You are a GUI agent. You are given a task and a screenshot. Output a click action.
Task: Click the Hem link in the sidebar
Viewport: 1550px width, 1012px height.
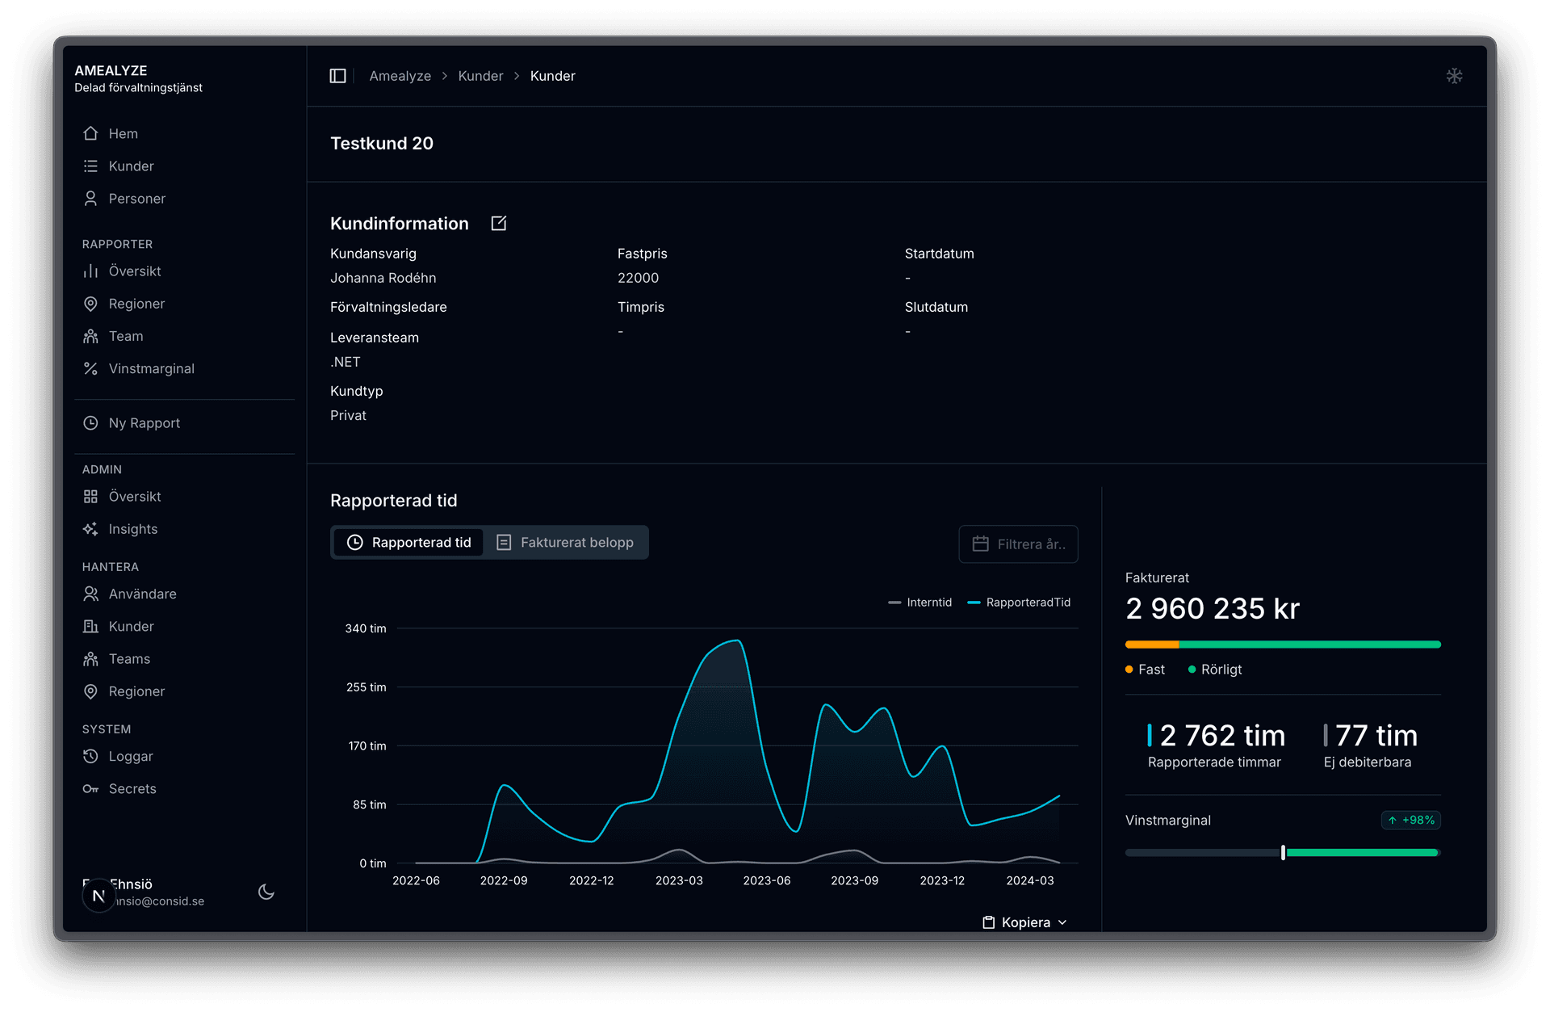coord(122,133)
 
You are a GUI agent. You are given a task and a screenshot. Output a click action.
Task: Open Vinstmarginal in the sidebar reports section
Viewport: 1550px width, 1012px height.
coord(150,368)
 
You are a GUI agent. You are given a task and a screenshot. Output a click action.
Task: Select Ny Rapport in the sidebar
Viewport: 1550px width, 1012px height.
coord(143,423)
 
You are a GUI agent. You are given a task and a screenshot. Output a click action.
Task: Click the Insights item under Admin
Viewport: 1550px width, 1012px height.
coord(132,529)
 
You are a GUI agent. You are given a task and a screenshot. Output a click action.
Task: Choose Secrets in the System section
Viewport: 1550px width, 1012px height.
coord(132,788)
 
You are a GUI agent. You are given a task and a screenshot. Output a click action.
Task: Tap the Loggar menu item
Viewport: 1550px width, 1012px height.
coord(130,756)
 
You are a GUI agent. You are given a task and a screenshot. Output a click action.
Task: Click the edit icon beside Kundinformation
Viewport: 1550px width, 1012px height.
coord(499,224)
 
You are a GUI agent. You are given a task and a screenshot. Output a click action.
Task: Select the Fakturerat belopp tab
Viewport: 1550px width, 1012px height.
coord(567,543)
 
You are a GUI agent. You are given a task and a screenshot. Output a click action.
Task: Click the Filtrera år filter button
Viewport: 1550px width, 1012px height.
coord(1018,544)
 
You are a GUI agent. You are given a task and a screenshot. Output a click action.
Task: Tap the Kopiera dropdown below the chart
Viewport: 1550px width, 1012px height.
coord(1024,922)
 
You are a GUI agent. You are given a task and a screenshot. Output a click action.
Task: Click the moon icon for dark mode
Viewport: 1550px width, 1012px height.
coord(266,892)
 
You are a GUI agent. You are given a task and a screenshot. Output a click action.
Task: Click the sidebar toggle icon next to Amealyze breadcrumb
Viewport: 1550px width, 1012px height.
coord(338,76)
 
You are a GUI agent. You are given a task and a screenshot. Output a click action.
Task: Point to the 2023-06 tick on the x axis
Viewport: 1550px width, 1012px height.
coord(766,880)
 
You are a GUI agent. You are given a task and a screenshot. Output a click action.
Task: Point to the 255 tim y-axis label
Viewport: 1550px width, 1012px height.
coord(366,687)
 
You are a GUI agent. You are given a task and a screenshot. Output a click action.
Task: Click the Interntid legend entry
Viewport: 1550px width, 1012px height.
coord(920,603)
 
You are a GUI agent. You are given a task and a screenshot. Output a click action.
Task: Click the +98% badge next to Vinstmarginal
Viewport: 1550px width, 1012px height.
coord(1410,820)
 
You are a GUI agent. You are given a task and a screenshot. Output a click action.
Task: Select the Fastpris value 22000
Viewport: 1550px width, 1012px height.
coord(638,278)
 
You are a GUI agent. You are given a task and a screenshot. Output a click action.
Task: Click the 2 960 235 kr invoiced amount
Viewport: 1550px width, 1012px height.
coord(1212,608)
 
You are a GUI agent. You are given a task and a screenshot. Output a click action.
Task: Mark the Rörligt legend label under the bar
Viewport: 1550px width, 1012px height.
coord(1221,670)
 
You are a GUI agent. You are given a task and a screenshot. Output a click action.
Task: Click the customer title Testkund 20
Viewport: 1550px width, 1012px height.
coord(382,144)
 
